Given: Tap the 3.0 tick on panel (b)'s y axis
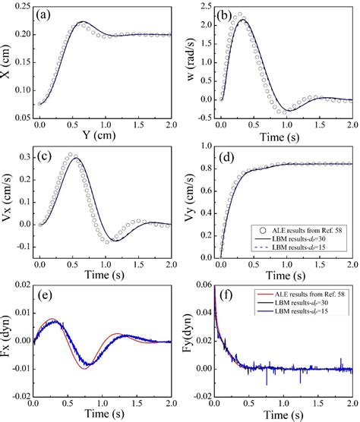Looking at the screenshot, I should click(203, 7).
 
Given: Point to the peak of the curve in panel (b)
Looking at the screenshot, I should click(242, 20).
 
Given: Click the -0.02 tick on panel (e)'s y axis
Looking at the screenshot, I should click(21, 395).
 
